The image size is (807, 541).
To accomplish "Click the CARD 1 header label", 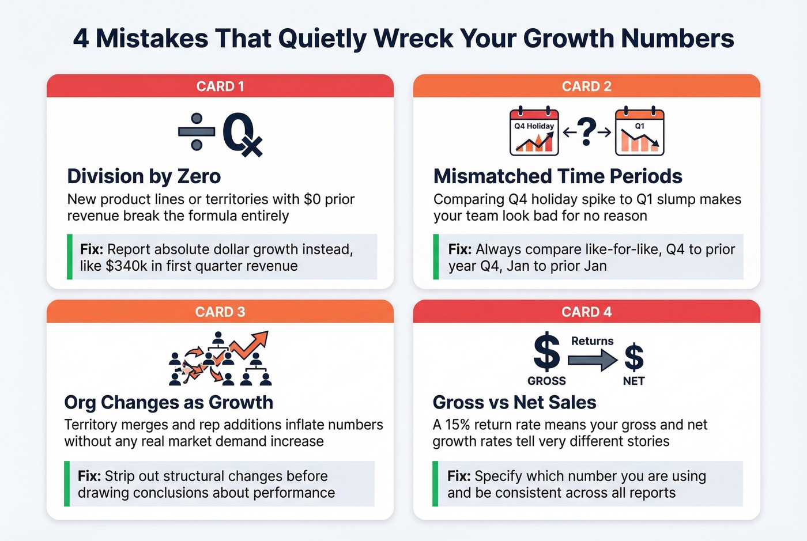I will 220,86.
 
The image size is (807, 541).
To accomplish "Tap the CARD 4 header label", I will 586,312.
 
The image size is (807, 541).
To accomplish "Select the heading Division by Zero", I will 144,176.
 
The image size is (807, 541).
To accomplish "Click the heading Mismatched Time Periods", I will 557,176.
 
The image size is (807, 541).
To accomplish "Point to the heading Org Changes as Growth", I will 168,402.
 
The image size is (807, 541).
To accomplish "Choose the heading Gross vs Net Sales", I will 514,402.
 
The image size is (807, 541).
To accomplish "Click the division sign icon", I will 197,132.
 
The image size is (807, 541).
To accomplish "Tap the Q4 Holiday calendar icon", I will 534,132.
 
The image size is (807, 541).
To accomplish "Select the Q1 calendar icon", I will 639,132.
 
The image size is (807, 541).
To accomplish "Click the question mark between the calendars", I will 586,131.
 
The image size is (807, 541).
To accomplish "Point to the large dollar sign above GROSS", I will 546,352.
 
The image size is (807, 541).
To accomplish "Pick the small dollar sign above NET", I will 634,357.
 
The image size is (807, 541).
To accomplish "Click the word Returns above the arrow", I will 592,341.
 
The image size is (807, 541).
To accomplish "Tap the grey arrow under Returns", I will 592,360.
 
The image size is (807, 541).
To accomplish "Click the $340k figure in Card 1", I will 127,266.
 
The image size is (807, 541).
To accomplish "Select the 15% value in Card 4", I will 458,425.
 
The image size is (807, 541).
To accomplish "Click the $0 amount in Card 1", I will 312,199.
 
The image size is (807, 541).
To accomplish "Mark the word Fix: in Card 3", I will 89,476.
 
